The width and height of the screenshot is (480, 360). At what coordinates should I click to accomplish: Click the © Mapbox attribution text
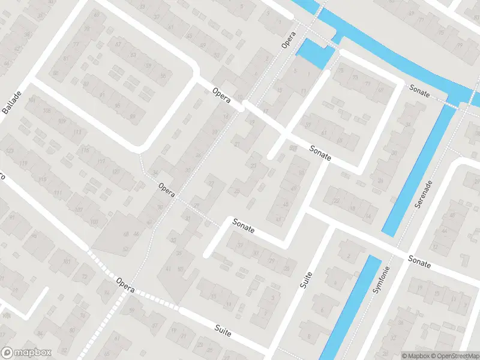[x=417, y=356]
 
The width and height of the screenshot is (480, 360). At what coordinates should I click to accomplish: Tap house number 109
[x=61, y=121]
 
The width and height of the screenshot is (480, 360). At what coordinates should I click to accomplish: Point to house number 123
[x=10, y=150]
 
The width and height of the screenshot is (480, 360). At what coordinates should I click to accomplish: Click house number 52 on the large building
[x=125, y=248]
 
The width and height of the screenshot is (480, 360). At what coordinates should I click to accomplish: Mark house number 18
[x=352, y=208]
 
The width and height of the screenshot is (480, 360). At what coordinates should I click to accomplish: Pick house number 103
[x=94, y=222]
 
